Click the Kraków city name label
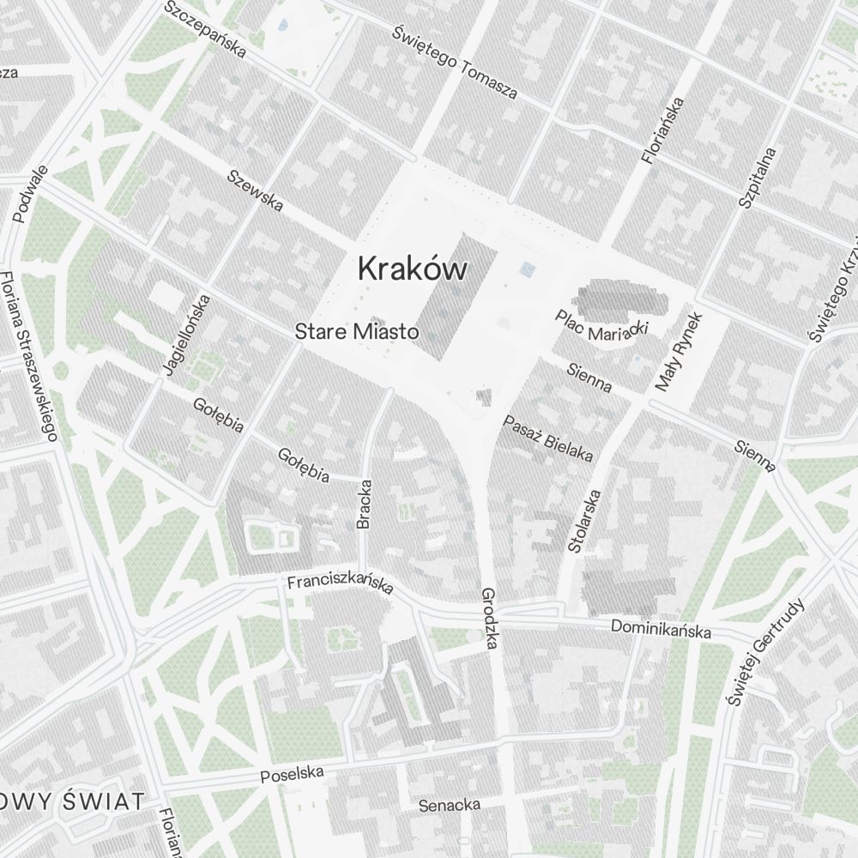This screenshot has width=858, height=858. tap(413, 269)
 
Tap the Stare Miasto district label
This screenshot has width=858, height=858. tap(356, 331)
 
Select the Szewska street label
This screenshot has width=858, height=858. tap(255, 190)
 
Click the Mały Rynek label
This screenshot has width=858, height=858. tap(679, 352)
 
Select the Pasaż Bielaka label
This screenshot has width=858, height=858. tap(548, 438)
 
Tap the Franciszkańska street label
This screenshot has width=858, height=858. tap(340, 583)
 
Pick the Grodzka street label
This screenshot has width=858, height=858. tap(490, 618)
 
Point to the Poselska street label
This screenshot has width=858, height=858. tap(293, 775)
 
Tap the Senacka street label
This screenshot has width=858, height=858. tap(449, 805)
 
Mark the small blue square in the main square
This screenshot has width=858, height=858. tap(527, 270)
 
